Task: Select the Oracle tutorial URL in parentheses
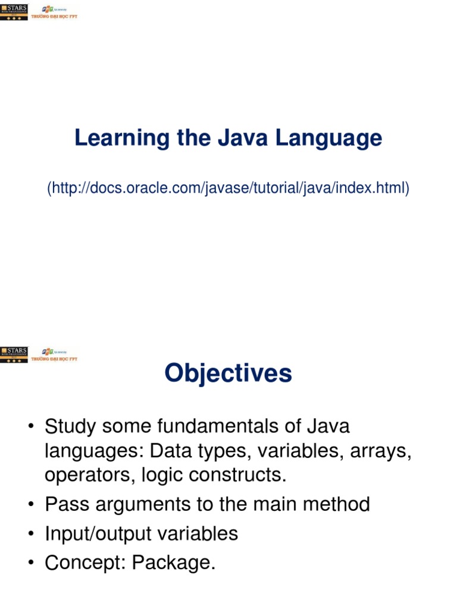click(x=228, y=189)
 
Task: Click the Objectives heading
click(x=228, y=373)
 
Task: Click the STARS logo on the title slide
click(x=14, y=12)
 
